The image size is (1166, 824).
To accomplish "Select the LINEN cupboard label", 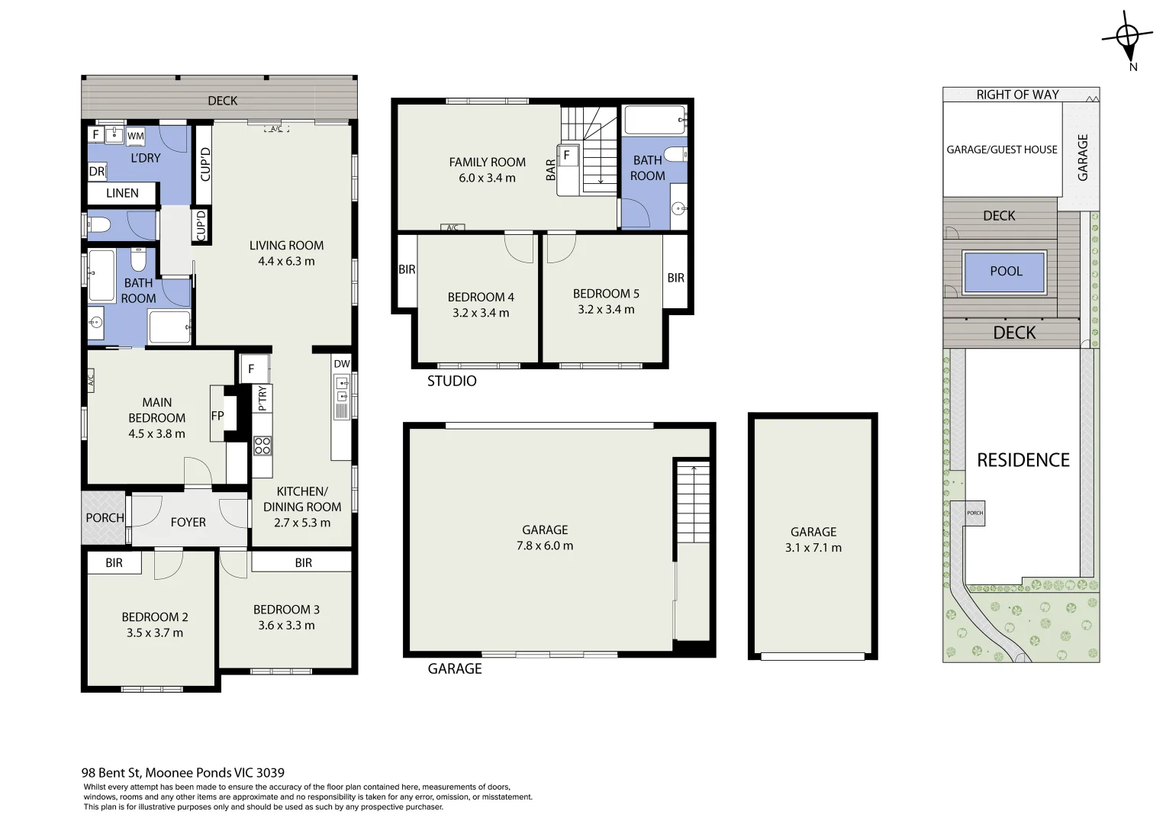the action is [122, 193].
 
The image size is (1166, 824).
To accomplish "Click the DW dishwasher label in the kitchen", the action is [342, 364].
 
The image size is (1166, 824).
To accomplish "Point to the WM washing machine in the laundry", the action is [135, 137].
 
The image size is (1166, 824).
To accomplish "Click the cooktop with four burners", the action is [263, 446].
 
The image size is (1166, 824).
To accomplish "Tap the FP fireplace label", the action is [217, 416].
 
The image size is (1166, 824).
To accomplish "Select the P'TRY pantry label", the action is [263, 398].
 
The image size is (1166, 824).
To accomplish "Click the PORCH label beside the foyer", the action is [105, 518].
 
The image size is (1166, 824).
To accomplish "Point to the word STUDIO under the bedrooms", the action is [452, 381].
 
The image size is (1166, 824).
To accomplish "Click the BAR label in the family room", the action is [551, 170].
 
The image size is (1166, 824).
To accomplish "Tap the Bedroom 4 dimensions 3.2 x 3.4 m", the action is [481, 313].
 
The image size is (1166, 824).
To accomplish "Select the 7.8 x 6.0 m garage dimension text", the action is [545, 546].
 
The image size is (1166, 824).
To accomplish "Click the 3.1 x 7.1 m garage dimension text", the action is [813, 548].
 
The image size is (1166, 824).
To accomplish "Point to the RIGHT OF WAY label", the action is [1018, 95].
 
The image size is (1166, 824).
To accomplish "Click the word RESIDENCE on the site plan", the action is [1023, 460].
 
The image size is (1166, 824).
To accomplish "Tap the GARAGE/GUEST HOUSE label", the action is [1002, 150].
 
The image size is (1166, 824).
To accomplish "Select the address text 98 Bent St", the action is [111, 773].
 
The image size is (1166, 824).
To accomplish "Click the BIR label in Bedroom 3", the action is [304, 563].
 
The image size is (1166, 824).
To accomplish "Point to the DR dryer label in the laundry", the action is [97, 172].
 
